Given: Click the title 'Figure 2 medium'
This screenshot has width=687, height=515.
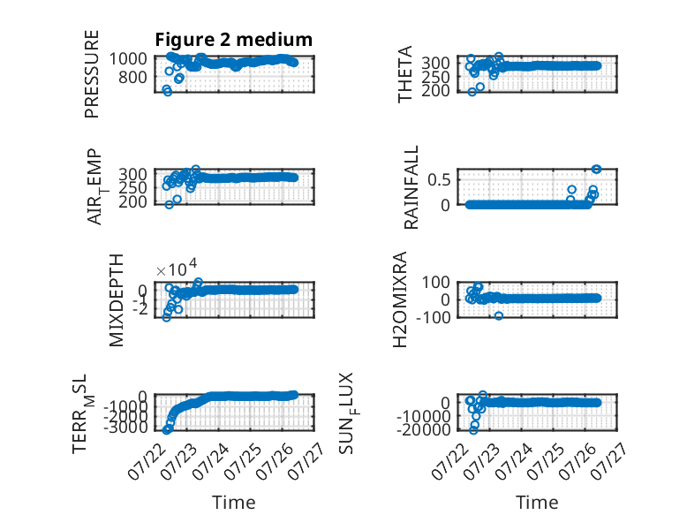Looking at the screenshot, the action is (233, 40).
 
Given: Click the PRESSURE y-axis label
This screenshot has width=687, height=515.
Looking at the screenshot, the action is (92, 74).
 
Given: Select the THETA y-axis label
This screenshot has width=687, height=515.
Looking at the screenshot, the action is (405, 74).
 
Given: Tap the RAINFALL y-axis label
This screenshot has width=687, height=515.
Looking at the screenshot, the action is (411, 187).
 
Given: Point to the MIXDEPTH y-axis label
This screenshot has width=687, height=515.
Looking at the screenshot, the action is (116, 300).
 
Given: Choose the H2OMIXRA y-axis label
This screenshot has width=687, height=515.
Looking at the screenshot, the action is (400, 299).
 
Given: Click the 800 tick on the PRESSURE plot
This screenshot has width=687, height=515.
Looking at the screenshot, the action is (132, 77).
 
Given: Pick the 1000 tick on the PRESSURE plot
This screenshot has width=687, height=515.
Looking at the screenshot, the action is (128, 58).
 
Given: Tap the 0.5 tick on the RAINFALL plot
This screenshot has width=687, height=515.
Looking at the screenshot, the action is (439, 179).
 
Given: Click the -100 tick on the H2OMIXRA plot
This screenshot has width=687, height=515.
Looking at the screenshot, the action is (433, 317).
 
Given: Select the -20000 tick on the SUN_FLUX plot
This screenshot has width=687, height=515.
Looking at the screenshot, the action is (423, 430).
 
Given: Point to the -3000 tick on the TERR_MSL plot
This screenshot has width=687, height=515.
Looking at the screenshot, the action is (125, 428).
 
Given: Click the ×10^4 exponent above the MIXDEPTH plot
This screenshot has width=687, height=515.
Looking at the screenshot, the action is (177, 269).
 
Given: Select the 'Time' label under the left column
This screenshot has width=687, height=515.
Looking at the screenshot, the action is (233, 503).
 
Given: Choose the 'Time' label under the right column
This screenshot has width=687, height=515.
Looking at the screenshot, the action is (537, 503).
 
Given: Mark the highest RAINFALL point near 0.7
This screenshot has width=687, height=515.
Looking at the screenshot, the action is (596, 170).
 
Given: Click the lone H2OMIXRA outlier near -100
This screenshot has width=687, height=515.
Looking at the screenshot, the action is (499, 315).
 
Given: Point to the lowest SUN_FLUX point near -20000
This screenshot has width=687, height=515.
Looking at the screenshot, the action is (473, 430).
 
